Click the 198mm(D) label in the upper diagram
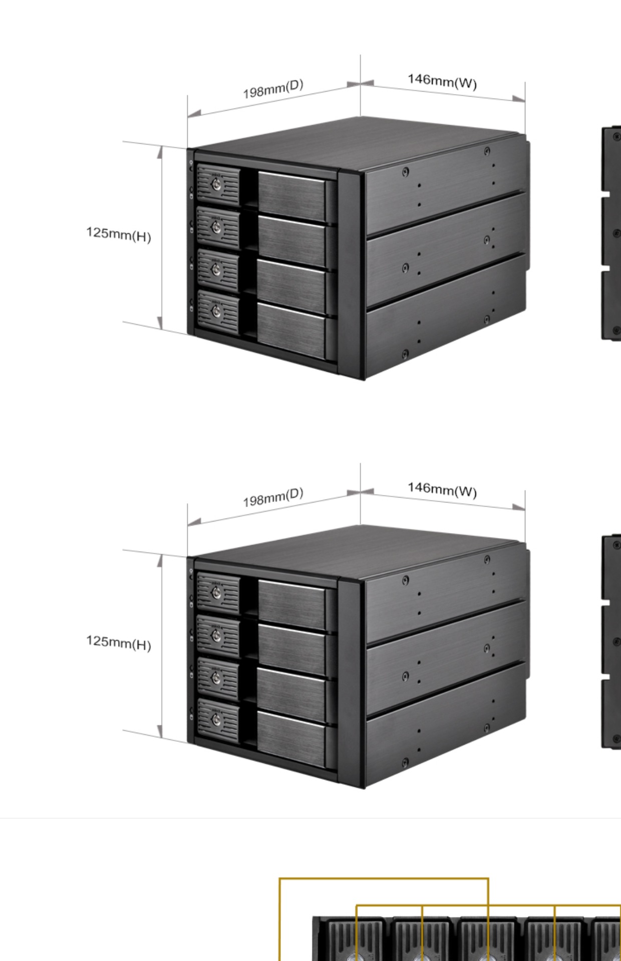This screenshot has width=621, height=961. [273, 89]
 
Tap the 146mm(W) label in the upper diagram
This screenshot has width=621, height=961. [442, 81]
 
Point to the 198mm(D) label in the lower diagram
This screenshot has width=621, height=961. [273, 498]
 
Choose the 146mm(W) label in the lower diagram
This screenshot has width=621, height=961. [442, 490]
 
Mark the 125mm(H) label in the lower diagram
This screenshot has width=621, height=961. [119, 642]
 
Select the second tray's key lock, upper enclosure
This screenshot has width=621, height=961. [216, 228]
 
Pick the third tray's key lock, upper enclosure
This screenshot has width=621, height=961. [216, 270]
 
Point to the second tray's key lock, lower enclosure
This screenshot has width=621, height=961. [216, 636]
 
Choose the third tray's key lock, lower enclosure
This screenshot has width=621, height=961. [216, 679]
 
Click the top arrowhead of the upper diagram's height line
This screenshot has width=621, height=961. [160, 152]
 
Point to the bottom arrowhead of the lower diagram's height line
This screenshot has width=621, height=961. [160, 732]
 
